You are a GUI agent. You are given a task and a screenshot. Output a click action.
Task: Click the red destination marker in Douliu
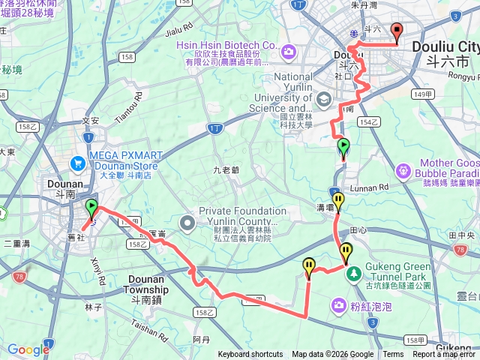pos(396,31)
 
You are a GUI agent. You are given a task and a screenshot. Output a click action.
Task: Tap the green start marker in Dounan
pos(92,208)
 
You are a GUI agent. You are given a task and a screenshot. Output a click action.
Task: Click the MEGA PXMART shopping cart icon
pos(78,163)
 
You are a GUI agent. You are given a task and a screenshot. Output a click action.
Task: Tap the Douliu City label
pos(445,46)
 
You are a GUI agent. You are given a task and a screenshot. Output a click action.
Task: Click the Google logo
pos(28,349)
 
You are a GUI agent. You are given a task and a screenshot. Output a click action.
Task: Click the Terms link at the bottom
pos(393,355)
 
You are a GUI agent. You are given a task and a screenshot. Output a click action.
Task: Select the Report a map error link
pos(445,355)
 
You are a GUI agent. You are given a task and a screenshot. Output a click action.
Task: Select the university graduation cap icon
pos(323,99)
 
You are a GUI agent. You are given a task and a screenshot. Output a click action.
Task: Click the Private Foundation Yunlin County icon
pos(187,222)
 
